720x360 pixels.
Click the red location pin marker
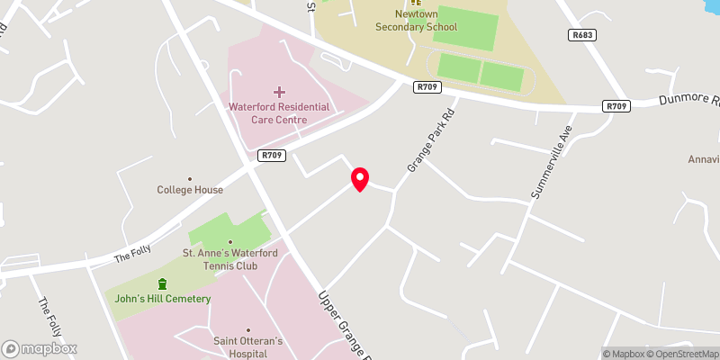coord(360,179)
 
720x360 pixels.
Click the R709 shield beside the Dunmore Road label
coord(616,106)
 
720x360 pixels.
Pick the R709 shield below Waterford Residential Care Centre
coord(273,156)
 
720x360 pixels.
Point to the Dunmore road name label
coord(689,101)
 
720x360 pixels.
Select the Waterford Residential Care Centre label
coord(279,112)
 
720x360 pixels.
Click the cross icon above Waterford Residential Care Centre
coord(279,92)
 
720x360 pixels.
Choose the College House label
coord(190,190)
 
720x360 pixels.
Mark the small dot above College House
coord(190,179)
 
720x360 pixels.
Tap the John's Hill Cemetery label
coord(163,299)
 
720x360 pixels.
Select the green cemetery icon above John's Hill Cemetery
coord(163,284)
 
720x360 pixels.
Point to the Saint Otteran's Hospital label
coord(247,346)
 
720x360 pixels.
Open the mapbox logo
coord(40,348)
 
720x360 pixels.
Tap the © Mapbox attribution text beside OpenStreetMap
coord(622,354)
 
